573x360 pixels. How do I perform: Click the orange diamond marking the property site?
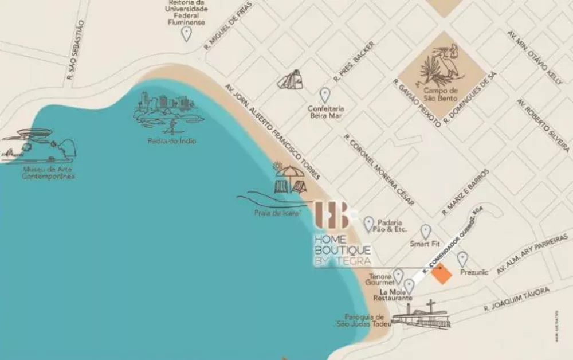coord(441,275)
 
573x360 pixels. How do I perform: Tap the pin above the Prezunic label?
coord(462,259)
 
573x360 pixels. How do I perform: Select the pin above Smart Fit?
coord(426,231)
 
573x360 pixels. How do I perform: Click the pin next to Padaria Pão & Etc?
coord(369,224)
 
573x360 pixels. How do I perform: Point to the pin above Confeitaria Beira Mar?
coord(325,95)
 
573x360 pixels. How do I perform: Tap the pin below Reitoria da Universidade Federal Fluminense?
coord(186,33)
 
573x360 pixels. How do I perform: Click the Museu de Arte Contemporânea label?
coord(49,173)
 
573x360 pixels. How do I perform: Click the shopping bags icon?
coord(292,80)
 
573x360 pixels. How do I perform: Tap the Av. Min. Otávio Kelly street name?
coord(534,58)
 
